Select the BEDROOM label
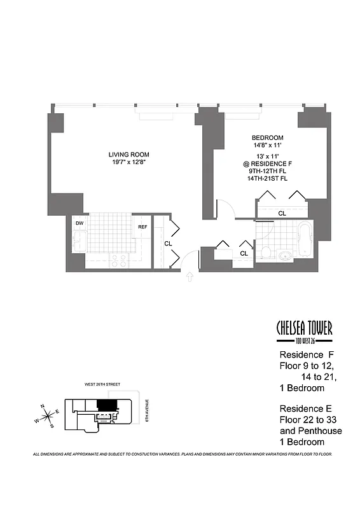coord(267,138)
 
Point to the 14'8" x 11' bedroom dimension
coord(267,146)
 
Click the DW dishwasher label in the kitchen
coord(80,223)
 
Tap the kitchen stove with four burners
coord(118,260)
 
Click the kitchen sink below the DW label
coord(80,242)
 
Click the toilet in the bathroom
coord(265,251)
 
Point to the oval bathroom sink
coord(286,256)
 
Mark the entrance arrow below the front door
coord(189,276)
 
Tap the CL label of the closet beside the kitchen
coord(168,243)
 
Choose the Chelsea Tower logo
coord(304,331)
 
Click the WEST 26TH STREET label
coord(104,385)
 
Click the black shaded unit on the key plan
coord(106,405)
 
